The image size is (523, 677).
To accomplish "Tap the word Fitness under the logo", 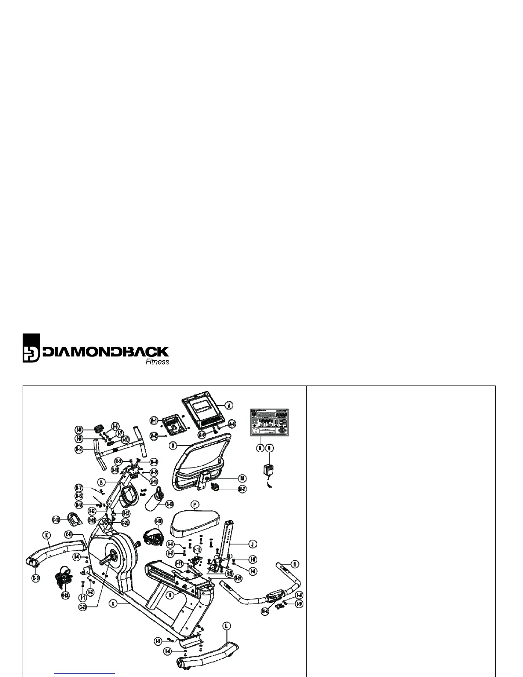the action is click(157, 362).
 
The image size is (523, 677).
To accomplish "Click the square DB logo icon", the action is click(31, 348).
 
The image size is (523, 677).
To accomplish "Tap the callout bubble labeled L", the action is click(227, 626).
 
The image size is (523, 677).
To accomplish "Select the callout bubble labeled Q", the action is click(270, 448).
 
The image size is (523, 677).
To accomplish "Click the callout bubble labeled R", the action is click(260, 448).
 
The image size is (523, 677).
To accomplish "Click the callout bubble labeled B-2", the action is click(79, 450).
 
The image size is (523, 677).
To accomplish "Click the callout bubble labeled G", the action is click(113, 603).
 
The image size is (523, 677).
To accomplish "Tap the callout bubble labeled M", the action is click(242, 477).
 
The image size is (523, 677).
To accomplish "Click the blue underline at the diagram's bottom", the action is click(85, 674).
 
